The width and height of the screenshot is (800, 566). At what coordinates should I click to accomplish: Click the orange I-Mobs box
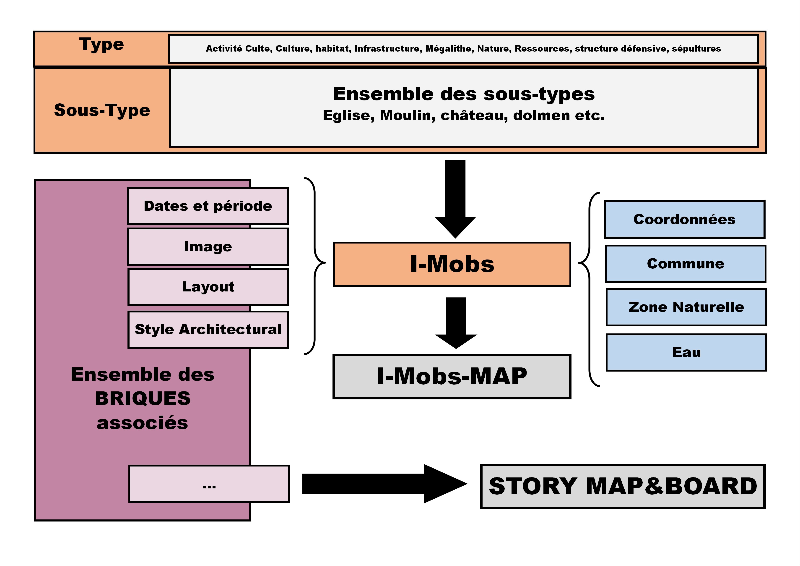click(x=452, y=264)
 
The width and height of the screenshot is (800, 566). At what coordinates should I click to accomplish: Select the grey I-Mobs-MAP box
click(x=452, y=376)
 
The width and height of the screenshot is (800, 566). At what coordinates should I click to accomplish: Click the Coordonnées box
click(x=685, y=219)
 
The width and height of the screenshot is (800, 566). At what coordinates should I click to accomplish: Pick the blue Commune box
click(x=686, y=264)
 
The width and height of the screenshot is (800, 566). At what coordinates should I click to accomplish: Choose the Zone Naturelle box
click(x=686, y=307)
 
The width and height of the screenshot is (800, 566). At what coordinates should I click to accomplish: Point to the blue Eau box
click(x=686, y=352)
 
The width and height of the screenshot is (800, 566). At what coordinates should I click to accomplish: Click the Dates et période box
click(x=208, y=206)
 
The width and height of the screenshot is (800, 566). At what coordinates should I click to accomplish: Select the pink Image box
click(x=208, y=246)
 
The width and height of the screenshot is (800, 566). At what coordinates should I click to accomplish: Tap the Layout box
click(x=208, y=287)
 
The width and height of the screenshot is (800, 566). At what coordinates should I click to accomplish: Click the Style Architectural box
click(x=208, y=330)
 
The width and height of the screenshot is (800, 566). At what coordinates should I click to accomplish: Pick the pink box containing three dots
click(x=209, y=484)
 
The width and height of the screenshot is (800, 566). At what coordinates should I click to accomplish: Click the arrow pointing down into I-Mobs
click(x=455, y=199)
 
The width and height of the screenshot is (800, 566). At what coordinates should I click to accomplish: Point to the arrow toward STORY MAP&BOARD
click(x=385, y=484)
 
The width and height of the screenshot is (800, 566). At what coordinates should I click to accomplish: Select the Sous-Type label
click(x=102, y=110)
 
